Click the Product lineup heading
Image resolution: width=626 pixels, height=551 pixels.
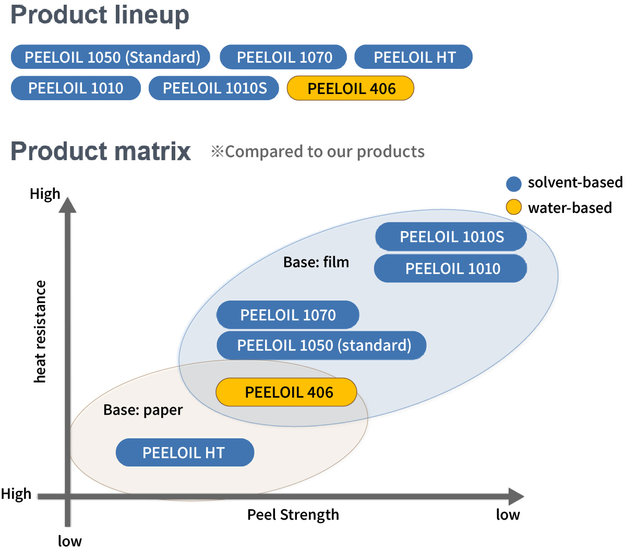100,15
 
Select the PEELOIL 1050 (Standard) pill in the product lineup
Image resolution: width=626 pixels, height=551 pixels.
111,57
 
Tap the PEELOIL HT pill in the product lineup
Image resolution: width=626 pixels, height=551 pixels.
414,57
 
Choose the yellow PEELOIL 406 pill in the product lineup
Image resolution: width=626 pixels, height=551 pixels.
351,88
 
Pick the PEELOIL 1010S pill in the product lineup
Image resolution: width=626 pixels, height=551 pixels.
214,88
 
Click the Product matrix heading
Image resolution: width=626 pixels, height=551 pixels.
101,151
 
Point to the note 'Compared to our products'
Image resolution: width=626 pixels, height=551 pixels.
318,151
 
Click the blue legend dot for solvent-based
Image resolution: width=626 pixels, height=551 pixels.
514,184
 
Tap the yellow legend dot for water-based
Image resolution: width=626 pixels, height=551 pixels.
514,207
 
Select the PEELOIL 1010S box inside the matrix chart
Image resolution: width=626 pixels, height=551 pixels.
451,237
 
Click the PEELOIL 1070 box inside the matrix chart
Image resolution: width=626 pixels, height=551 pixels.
288,315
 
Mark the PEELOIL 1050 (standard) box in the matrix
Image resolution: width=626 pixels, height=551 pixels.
322,345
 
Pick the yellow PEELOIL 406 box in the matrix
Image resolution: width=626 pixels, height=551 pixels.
287,392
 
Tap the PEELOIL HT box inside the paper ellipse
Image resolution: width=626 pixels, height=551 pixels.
185,452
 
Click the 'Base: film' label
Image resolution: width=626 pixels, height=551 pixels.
316,262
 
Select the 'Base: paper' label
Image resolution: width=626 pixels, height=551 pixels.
143,410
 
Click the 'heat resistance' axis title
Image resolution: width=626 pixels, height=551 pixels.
40,331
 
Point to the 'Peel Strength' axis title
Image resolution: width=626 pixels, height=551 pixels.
293,515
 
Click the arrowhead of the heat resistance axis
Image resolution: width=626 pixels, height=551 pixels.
67,205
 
